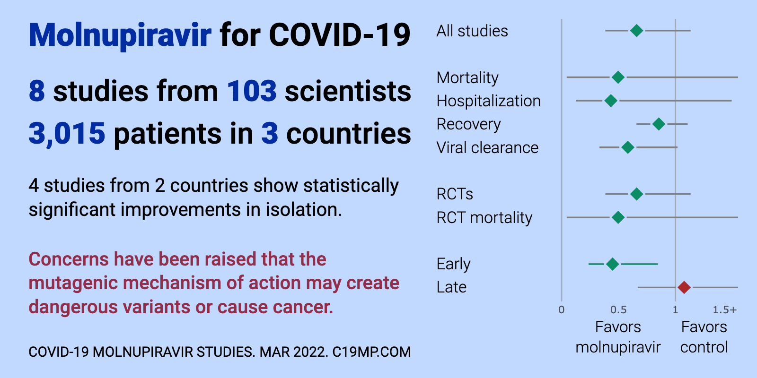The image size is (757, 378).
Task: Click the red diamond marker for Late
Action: click(684, 288)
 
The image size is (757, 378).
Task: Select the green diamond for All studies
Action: click(637, 31)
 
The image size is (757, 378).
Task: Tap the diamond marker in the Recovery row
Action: click(659, 124)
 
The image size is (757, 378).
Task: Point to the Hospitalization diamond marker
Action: click(611, 101)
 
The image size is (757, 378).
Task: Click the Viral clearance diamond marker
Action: click(628, 147)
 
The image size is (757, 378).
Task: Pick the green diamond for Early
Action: click(612, 264)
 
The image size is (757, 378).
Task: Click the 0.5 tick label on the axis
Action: click(618, 310)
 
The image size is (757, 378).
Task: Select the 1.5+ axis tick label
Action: click(724, 310)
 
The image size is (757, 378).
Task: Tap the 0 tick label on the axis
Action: click(561, 310)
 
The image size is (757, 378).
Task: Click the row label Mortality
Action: click(467, 78)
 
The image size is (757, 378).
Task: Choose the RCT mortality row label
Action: click(484, 218)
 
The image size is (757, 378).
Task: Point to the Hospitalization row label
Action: click(489, 101)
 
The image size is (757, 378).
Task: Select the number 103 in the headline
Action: click(252, 91)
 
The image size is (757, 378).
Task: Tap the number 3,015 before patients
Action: click(67, 134)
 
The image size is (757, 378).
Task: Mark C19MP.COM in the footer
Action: click(372, 352)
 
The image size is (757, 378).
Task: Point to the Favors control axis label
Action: click(704, 337)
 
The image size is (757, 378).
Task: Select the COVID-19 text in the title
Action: click(340, 35)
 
